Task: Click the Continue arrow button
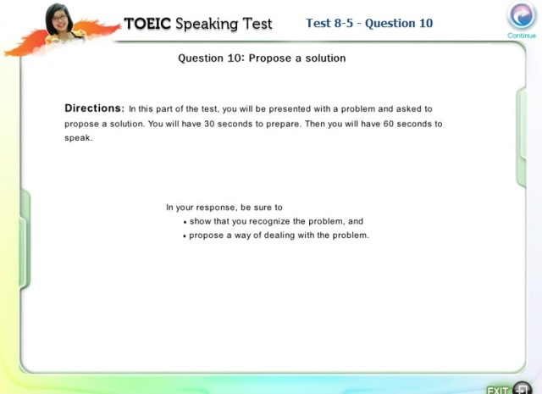click(x=522, y=15)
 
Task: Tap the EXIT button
click(x=509, y=389)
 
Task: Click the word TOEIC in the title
click(x=147, y=24)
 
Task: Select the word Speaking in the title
click(x=207, y=25)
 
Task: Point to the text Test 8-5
click(x=329, y=23)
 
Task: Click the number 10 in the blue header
click(x=426, y=23)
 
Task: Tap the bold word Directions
click(x=94, y=108)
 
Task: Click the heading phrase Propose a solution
click(x=297, y=58)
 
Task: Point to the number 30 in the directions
click(x=209, y=124)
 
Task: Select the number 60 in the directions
click(x=389, y=124)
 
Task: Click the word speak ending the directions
click(x=79, y=138)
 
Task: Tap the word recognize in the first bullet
click(x=269, y=221)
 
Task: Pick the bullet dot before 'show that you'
click(x=185, y=223)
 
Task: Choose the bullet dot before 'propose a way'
click(x=185, y=236)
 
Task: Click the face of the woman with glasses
click(x=60, y=19)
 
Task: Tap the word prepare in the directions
click(x=283, y=125)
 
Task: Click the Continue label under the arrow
click(x=522, y=36)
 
